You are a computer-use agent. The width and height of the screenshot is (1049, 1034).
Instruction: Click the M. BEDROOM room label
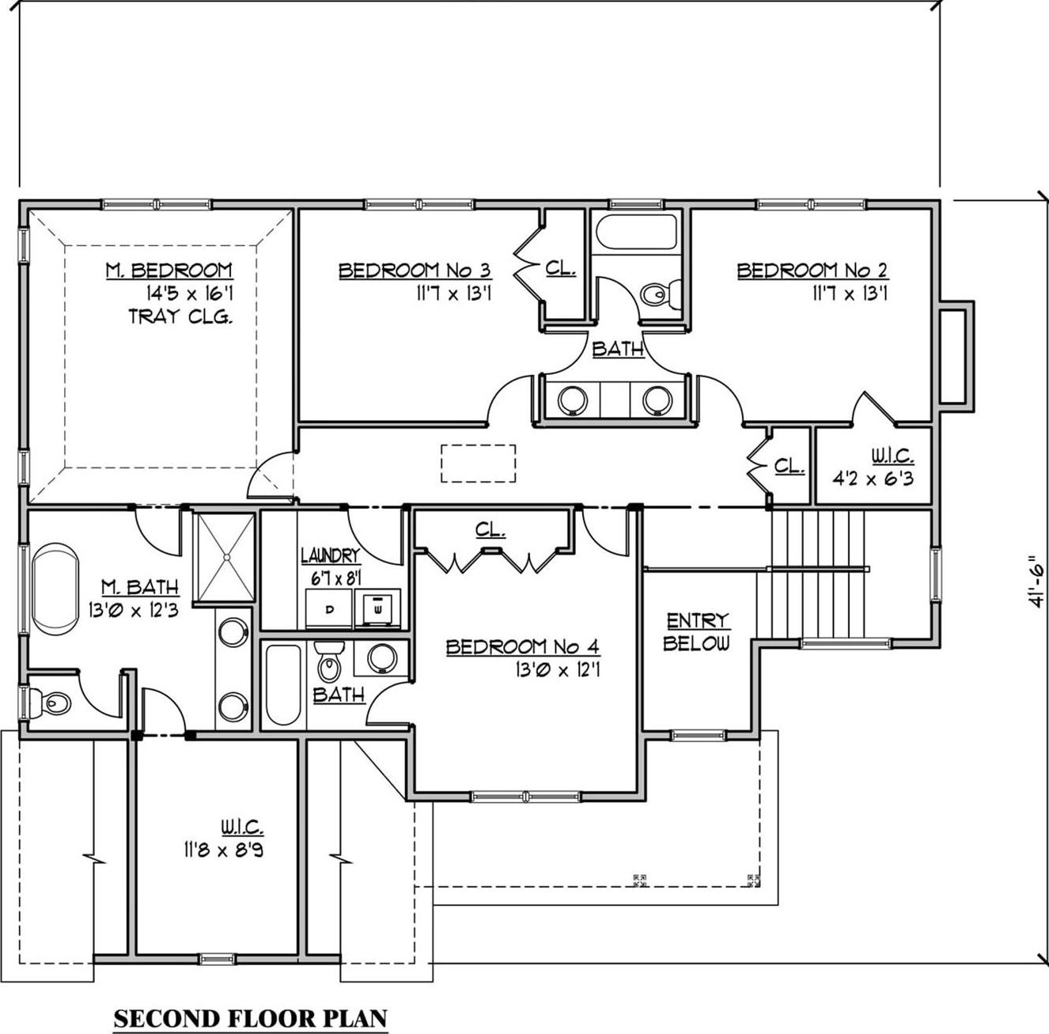(169, 271)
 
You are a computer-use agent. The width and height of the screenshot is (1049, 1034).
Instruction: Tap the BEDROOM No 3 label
(415, 271)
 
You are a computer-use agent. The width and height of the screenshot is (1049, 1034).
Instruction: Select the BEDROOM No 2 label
(812, 271)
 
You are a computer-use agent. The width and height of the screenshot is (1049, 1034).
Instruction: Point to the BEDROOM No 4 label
(522, 647)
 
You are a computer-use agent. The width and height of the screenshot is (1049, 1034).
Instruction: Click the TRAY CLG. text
(180, 317)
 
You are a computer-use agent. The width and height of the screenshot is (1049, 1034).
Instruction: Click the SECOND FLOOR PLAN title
(251, 1017)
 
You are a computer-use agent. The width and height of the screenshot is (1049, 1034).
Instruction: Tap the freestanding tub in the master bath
(55, 587)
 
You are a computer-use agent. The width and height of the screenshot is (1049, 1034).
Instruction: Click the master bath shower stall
(225, 558)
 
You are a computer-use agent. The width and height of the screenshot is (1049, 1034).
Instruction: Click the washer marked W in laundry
(377, 609)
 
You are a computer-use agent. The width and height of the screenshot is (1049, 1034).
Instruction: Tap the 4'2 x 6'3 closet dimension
(873, 478)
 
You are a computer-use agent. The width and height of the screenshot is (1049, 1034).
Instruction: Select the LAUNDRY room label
(330, 556)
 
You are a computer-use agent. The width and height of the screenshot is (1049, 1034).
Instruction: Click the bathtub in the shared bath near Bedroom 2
(637, 233)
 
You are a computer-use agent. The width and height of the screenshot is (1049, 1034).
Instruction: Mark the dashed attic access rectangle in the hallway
(478, 463)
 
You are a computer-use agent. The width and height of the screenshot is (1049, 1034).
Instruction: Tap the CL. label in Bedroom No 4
(490, 529)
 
